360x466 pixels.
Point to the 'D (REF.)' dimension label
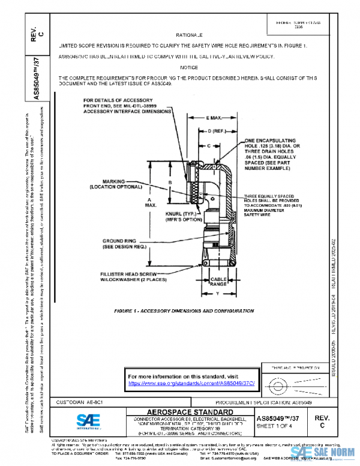click(217, 130)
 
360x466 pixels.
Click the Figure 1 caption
click(184, 312)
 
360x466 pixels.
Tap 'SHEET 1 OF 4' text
click(275, 426)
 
